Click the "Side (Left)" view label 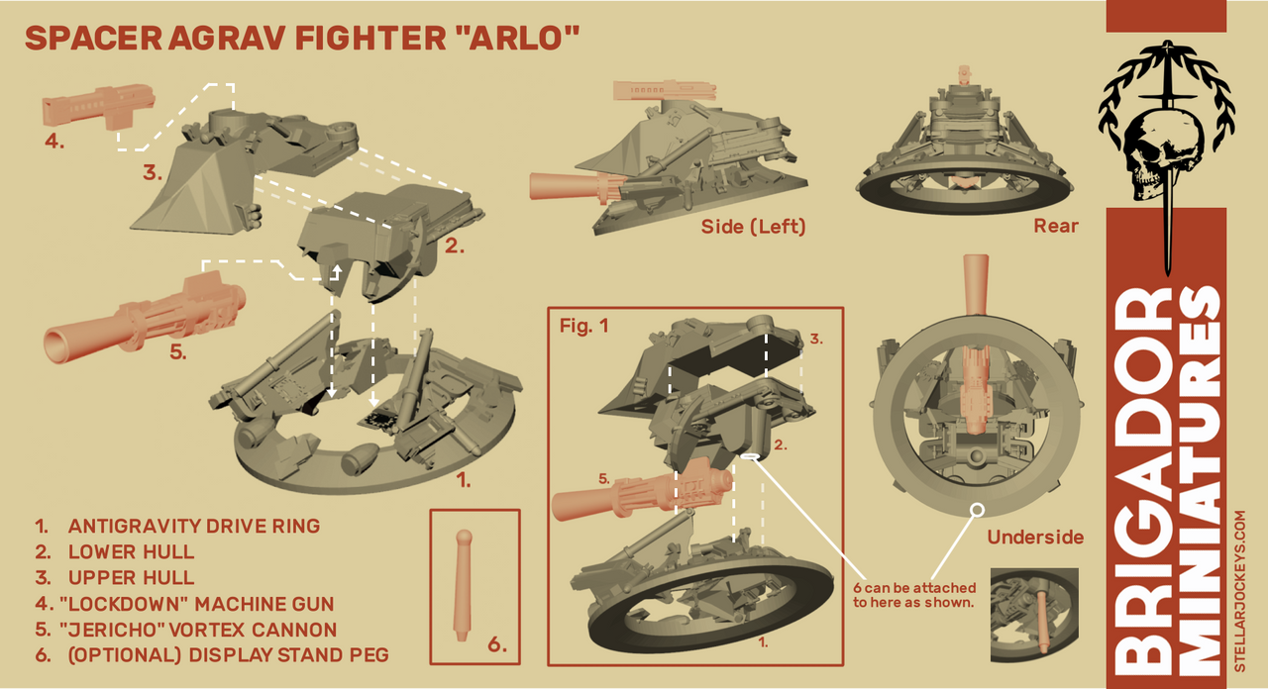(753, 227)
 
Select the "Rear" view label (1055, 227)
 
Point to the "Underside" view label (1035, 538)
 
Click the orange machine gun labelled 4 (100, 105)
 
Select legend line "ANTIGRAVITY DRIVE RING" (193, 526)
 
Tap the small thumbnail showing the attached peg (1033, 615)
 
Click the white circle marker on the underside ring (977, 509)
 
